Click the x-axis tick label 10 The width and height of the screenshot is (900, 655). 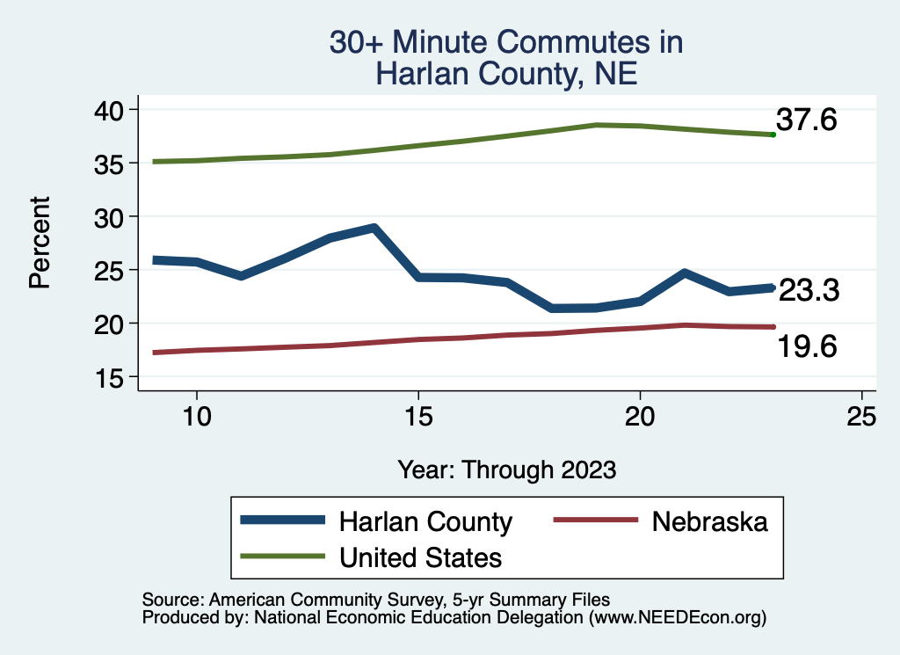196,417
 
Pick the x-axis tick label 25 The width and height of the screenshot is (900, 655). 861,417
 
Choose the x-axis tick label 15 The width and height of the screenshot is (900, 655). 418,417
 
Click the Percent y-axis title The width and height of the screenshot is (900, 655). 39,243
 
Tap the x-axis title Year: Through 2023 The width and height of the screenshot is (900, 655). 506,469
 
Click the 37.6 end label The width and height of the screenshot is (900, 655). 806,120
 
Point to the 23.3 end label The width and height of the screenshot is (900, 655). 809,290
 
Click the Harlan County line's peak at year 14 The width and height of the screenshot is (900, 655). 374,228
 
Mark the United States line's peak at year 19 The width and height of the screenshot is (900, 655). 596,125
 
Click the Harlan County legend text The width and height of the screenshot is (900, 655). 425,521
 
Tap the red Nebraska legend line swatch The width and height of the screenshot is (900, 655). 594,520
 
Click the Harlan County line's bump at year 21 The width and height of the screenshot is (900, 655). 684,273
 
